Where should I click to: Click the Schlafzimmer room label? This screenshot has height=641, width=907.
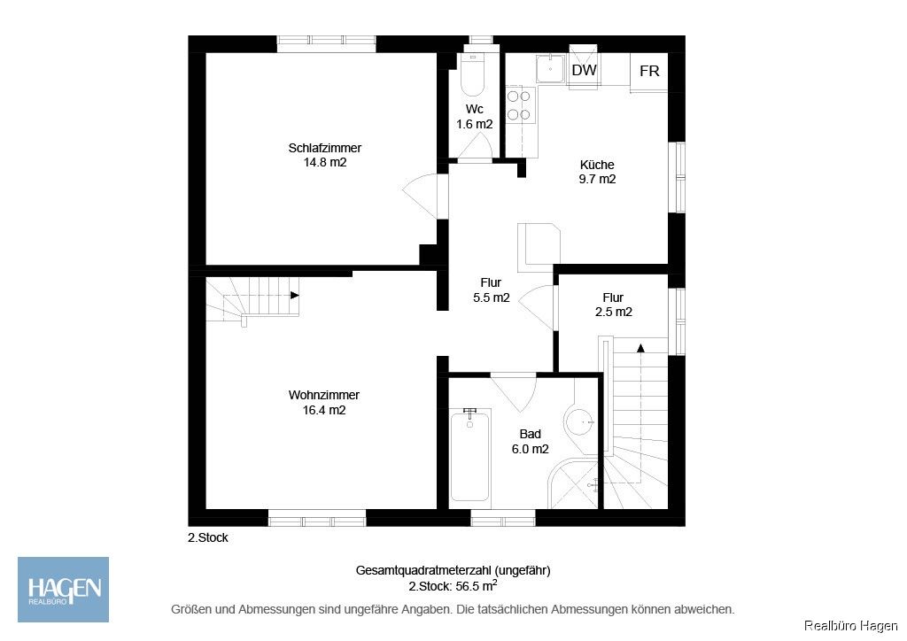324,155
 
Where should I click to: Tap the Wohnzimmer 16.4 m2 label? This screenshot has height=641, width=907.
324,403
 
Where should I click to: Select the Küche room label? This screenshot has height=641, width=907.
597,172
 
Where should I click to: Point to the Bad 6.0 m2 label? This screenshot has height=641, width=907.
531,442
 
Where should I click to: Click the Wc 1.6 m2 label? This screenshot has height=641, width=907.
474,117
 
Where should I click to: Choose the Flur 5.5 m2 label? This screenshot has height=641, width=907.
491,290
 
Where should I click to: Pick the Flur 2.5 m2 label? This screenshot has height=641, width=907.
613,305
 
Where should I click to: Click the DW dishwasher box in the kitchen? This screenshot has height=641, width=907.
584,71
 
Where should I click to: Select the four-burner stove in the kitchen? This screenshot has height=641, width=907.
519,104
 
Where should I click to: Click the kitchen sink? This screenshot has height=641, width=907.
552,68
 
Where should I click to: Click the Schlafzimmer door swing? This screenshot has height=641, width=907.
422,193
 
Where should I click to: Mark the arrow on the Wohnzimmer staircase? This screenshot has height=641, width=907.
293,296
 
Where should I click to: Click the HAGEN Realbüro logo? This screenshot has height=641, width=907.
64,589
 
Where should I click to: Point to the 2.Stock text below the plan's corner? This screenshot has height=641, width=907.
207,537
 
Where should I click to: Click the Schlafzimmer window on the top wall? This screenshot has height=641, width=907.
326,40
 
